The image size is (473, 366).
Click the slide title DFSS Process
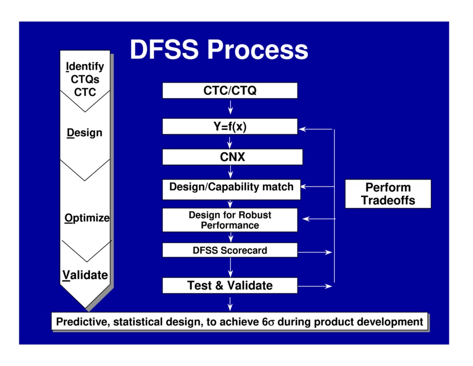[218, 50]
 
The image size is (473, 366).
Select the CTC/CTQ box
[230, 91]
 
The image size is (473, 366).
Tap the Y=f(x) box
[230, 126]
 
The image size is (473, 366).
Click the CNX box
[232, 157]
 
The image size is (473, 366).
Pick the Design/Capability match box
[231, 187]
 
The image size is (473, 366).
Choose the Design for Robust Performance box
[230, 220]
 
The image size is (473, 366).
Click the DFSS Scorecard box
[230, 250]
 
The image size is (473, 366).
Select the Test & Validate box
[230, 285]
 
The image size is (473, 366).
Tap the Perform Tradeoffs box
[388, 194]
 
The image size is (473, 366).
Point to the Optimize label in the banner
[87, 217]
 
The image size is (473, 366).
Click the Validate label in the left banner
[85, 275]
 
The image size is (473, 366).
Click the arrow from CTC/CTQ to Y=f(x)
[230, 108]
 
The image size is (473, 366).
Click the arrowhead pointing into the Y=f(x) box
[303, 129]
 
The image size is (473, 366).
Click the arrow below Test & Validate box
[230, 303]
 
